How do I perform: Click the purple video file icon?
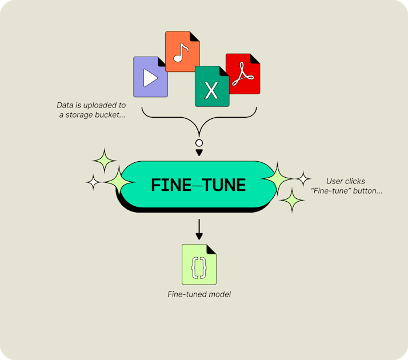(x=150, y=77)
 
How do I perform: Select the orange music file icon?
(x=182, y=51)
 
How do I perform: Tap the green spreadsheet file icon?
(x=212, y=86)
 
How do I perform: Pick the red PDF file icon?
(x=243, y=74)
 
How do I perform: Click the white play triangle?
(x=150, y=78)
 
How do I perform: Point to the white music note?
(x=181, y=53)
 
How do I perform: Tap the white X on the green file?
(x=211, y=90)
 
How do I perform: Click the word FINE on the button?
(x=171, y=185)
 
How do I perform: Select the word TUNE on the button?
(x=224, y=185)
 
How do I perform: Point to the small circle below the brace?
(x=199, y=143)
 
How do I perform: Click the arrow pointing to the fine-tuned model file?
(x=199, y=229)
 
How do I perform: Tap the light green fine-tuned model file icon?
(x=199, y=264)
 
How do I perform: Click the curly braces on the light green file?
(x=199, y=267)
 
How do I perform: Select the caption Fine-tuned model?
(x=199, y=294)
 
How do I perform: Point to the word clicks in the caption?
(x=355, y=181)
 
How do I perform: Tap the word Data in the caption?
(x=65, y=105)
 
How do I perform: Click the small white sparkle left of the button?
(x=93, y=182)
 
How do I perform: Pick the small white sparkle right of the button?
(x=303, y=179)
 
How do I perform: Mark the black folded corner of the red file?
(x=255, y=59)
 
